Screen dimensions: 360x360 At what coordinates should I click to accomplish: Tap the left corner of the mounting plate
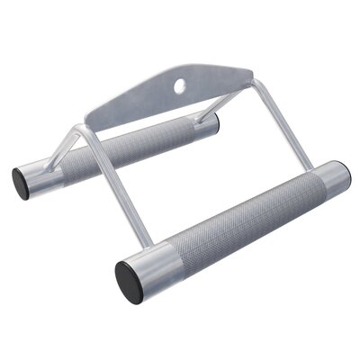pos(91,117)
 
